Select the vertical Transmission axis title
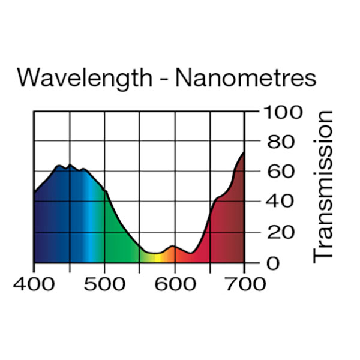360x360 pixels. point(323,186)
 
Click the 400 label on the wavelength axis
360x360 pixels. point(34,283)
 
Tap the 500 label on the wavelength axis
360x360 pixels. point(104,283)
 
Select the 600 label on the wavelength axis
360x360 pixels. point(175,283)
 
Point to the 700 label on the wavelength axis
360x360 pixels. point(245,283)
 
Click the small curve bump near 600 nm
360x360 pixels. point(173,246)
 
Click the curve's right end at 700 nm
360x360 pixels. point(244,152)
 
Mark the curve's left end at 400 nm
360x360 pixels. point(34,192)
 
